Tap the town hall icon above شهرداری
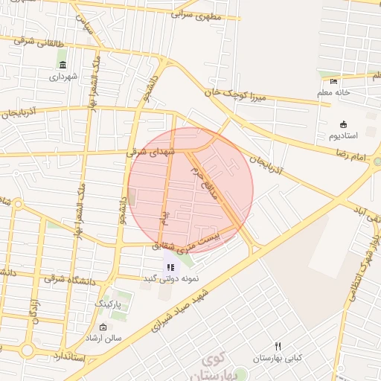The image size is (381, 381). (x=62, y=65)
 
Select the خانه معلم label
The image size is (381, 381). (x=333, y=92)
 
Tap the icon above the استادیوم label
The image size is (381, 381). (x=343, y=124)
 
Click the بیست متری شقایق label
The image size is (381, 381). (x=186, y=240)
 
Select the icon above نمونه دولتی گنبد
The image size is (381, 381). (x=170, y=267)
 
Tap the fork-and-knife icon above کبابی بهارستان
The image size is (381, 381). (x=278, y=346)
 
